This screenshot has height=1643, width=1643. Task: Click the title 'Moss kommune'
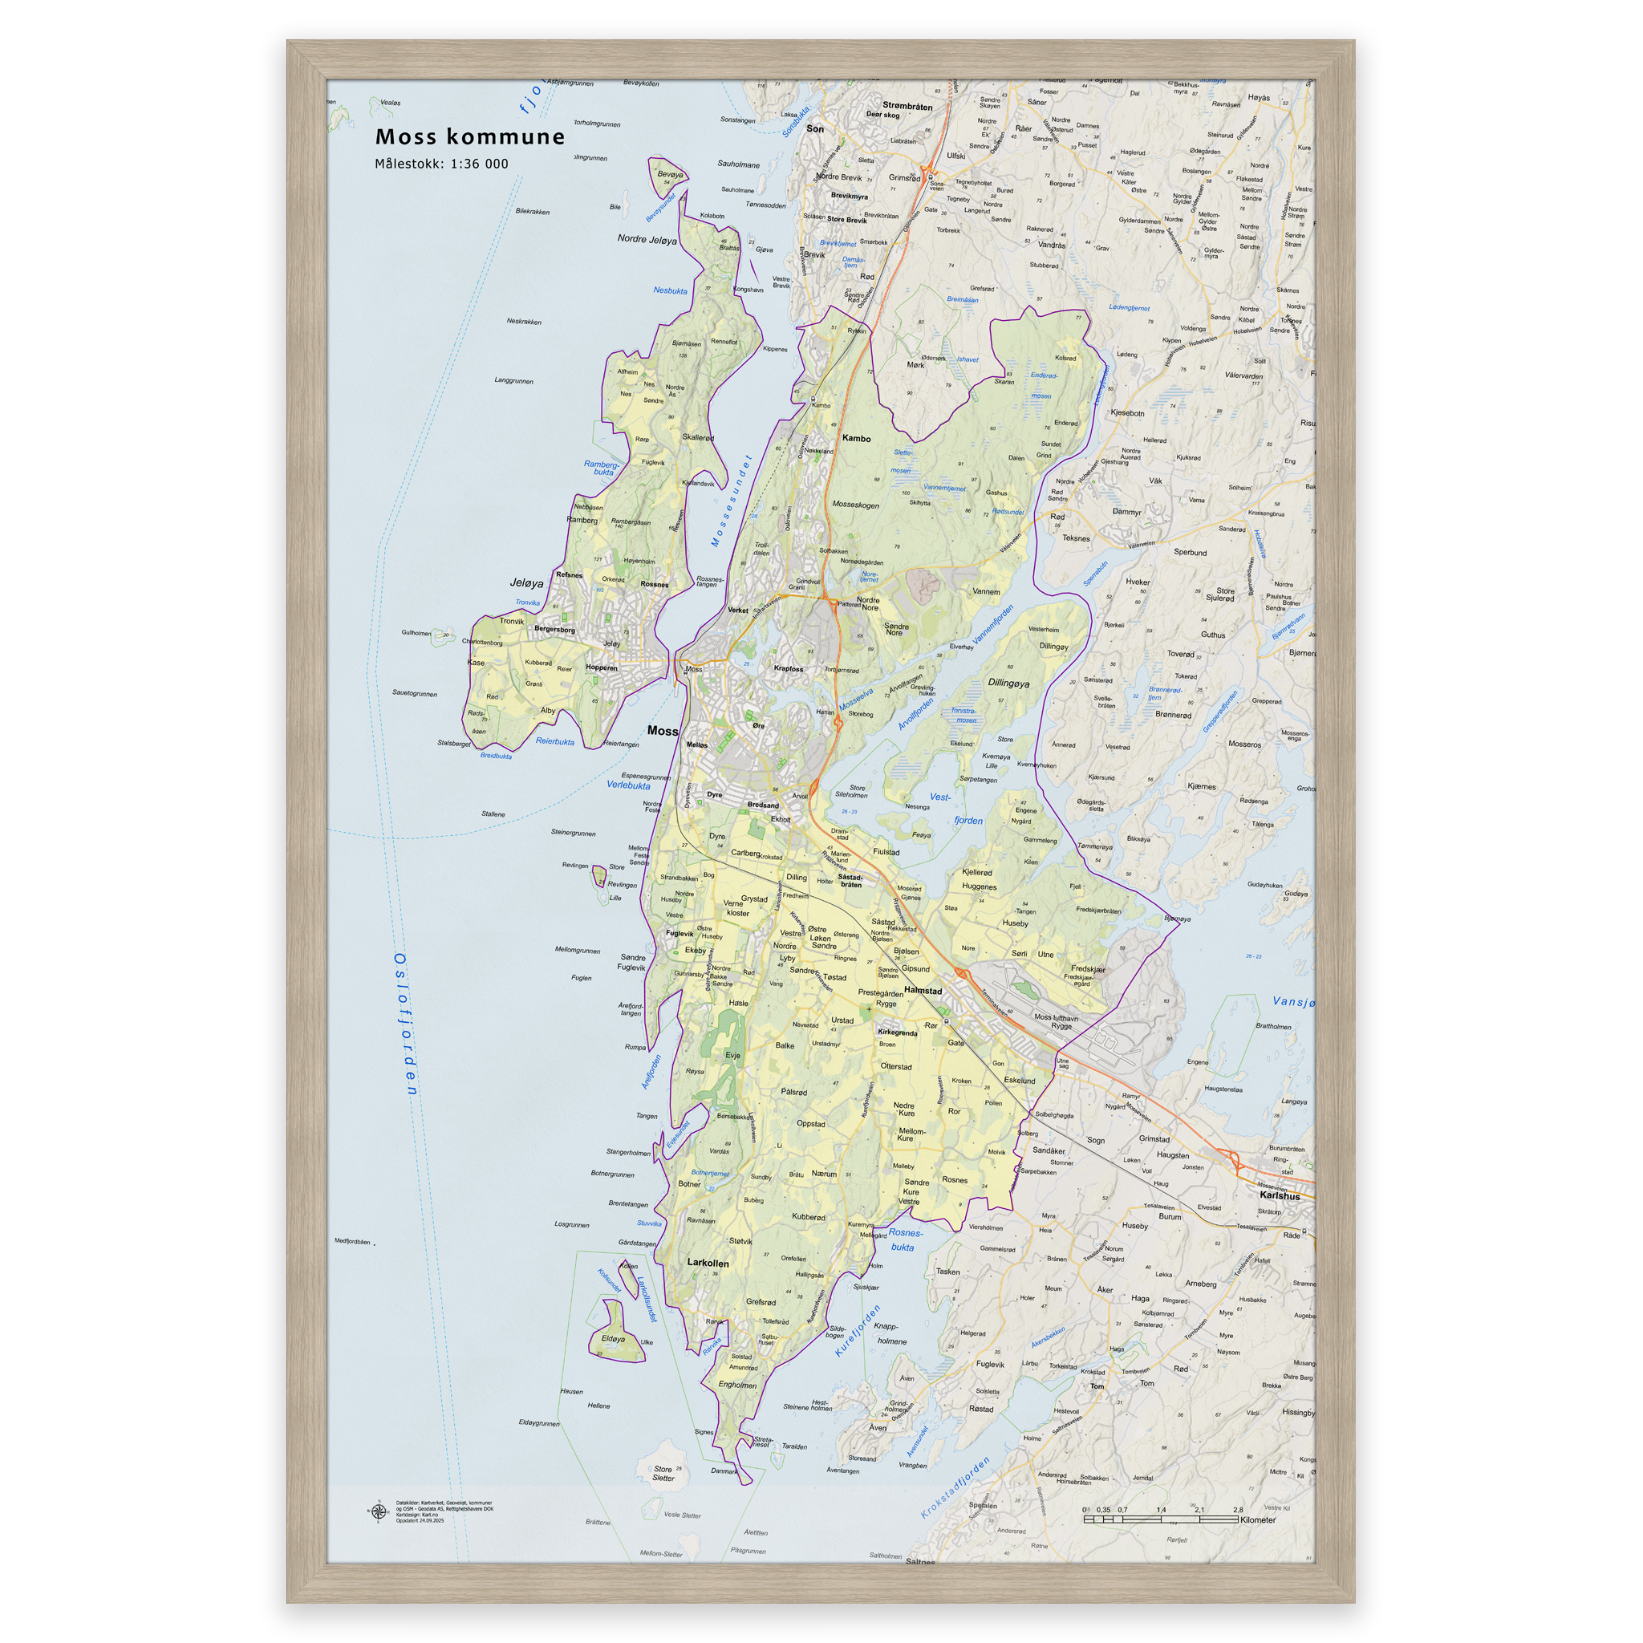(x=469, y=137)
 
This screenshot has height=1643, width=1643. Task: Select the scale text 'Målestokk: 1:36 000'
(x=441, y=164)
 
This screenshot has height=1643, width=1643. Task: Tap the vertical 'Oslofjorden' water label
(x=405, y=1024)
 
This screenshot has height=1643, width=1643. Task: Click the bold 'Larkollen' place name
(x=708, y=1263)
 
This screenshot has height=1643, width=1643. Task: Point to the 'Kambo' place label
(x=855, y=439)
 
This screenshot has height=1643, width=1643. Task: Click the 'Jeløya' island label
(x=526, y=583)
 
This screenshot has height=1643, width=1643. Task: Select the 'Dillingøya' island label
(x=1008, y=684)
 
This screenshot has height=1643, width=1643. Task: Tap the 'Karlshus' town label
(x=1279, y=1195)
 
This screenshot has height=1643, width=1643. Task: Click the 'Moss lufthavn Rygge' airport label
(x=1056, y=1021)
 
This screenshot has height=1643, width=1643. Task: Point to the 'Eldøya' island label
(x=612, y=1339)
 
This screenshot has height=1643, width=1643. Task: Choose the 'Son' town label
(x=815, y=129)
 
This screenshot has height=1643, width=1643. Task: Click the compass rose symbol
(x=378, y=1512)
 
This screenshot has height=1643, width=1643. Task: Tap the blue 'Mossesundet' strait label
(x=732, y=501)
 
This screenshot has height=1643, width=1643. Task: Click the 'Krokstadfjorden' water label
(x=955, y=1487)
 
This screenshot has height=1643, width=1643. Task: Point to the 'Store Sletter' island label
(x=663, y=1473)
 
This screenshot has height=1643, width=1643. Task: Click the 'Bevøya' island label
(x=669, y=174)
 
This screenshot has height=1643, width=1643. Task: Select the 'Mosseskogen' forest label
(x=854, y=505)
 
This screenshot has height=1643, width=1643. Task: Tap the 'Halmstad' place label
(x=923, y=991)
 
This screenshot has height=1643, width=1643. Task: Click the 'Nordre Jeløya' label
(x=647, y=240)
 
